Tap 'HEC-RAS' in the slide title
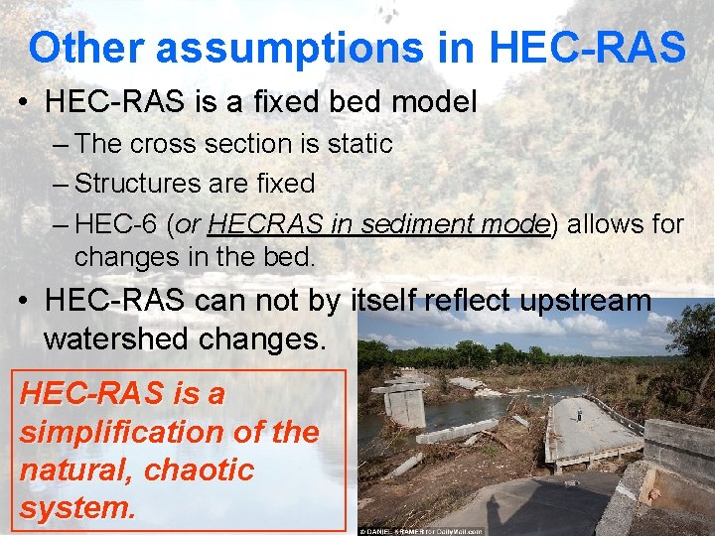(588, 47)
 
